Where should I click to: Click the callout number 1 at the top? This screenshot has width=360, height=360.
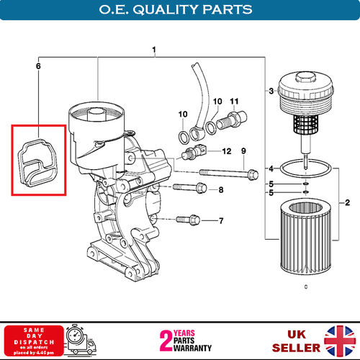(153, 50)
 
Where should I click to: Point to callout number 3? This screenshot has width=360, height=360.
(270, 91)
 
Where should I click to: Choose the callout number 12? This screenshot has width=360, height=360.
(226, 152)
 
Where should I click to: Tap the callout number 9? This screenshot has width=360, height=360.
(243, 151)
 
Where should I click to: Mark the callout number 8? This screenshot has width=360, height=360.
(221, 190)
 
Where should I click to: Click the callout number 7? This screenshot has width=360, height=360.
(221, 220)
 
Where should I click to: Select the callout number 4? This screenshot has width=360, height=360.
(270, 168)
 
